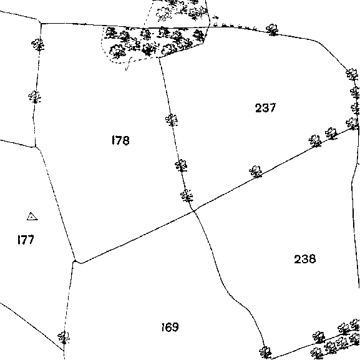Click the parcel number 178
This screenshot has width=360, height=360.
click(x=120, y=140)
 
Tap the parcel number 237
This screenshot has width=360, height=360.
click(x=265, y=108)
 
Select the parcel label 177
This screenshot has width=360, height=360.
click(x=26, y=240)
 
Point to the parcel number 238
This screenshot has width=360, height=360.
click(x=305, y=259)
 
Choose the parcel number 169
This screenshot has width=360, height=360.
click(x=170, y=327)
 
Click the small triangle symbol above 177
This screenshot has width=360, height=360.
click(x=32, y=216)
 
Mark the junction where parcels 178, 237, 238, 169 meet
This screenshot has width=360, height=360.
click(x=194, y=210)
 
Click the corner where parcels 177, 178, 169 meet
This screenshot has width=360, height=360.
click(x=74, y=261)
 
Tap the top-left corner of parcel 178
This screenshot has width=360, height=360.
click(x=41, y=23)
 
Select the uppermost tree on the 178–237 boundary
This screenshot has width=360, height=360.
click(x=172, y=120)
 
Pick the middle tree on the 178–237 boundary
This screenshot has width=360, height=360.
click(x=181, y=165)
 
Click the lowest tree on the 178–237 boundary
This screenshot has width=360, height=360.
click(x=187, y=196)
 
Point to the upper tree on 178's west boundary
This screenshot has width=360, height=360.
click(x=38, y=44)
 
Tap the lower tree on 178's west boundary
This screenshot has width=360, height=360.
click(x=34, y=97)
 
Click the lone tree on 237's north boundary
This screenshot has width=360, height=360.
click(x=272, y=29)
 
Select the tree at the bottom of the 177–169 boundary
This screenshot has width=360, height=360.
click(x=64, y=338)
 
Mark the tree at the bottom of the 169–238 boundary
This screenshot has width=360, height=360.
click(x=265, y=353)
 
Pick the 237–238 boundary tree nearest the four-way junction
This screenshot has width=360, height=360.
click(x=256, y=172)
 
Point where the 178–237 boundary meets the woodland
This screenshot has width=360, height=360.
click(x=159, y=57)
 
